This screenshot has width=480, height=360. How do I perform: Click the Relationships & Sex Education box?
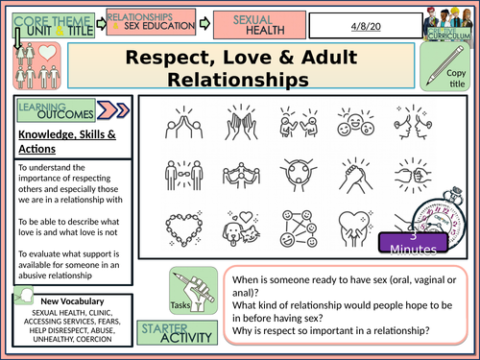[x=151, y=21]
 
